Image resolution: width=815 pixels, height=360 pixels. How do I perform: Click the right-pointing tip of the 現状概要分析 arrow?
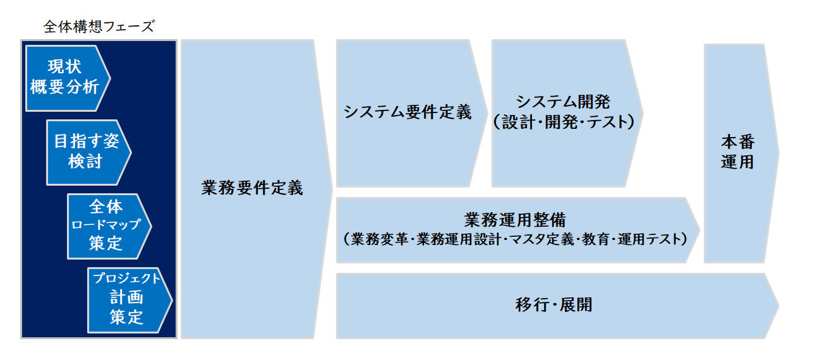coord(110,78)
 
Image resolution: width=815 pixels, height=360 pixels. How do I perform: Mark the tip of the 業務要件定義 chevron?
coord(332,189)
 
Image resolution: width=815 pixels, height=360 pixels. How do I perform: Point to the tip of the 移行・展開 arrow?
coord(778,306)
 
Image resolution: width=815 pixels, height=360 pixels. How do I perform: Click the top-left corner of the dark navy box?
coord(21,40)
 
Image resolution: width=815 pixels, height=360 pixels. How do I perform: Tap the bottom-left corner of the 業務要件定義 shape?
coord(181,338)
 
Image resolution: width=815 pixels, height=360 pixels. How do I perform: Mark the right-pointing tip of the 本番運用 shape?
coord(779,153)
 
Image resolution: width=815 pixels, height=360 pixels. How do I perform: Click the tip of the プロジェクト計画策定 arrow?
coord(172,301)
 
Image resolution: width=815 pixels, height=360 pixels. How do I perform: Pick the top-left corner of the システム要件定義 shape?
coord(337,40)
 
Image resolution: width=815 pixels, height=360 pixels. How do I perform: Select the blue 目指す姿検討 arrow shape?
coord(89,153)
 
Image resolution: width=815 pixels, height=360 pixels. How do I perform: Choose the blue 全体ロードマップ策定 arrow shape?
coord(109,227)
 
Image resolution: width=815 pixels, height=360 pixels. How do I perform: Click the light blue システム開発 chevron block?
coord(567,114)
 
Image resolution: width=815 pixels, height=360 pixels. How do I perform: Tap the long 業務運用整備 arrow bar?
coord(517,230)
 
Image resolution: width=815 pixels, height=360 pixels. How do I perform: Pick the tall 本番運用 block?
coord(741,153)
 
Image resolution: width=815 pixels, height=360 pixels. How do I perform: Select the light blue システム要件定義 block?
coord(412,114)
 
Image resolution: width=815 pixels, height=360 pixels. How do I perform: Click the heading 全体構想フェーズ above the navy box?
coord(99,27)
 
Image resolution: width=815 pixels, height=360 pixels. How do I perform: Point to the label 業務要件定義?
coord(252,188)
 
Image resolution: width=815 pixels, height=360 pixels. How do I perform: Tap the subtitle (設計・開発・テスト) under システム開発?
coord(564,122)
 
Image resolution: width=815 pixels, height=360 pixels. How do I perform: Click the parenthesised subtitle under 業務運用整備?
coord(515,239)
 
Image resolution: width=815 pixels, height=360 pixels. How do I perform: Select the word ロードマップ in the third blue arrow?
coord(106,224)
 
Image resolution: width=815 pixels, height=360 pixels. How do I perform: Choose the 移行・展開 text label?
coord(554,304)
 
